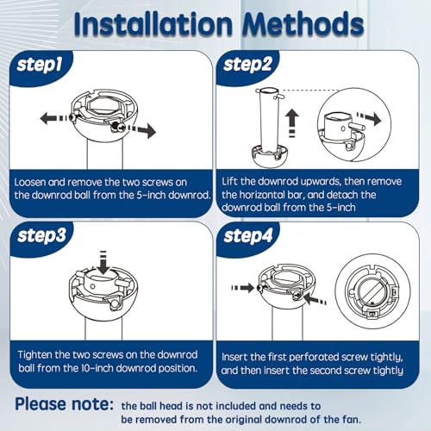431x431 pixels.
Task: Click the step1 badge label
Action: pos(40,66)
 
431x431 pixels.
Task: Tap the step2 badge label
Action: pos(247,65)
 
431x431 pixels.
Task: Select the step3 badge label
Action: pos(42,236)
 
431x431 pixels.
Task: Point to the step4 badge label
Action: pos(248,236)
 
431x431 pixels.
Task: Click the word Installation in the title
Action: pos(153,23)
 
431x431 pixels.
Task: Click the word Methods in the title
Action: pos(303,23)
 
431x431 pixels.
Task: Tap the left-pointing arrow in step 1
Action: pos(54,118)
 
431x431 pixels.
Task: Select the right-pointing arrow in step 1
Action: pos(141,130)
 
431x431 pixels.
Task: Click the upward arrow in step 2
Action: pos(292,122)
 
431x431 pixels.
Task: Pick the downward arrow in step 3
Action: pos(103,263)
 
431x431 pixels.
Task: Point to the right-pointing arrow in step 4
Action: pos(243,288)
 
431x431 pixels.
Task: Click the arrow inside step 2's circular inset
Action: pos(369,119)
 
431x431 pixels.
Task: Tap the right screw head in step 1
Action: pos(118,127)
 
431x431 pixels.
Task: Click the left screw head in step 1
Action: pos(72,117)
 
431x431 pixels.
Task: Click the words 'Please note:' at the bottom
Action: pos(65,404)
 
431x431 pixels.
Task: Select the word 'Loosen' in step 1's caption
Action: pos(30,183)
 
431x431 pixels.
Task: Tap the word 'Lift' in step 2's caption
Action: pos(229,182)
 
